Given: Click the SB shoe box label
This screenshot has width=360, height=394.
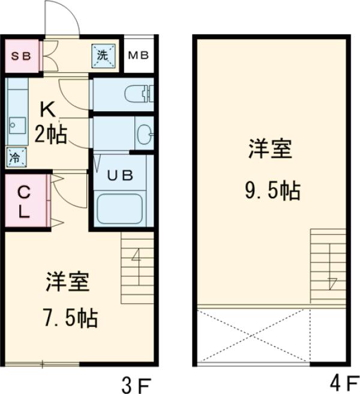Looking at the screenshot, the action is [21, 56].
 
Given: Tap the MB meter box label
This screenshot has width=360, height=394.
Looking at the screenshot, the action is [139, 55].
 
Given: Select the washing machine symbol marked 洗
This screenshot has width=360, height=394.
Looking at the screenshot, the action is [103, 56].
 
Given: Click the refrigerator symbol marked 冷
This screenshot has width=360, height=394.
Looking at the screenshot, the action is [16, 157].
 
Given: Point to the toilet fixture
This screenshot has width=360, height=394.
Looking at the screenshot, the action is [139, 94].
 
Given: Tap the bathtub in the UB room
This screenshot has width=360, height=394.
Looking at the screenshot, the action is [119, 208].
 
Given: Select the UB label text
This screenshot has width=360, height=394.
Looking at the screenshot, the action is [120, 175].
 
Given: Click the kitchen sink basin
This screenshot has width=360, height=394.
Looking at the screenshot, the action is [17, 126].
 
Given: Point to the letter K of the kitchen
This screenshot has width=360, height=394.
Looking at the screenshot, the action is [48, 110].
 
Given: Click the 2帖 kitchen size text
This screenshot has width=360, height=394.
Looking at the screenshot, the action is [51, 135].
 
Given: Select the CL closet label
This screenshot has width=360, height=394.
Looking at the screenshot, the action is [24, 202].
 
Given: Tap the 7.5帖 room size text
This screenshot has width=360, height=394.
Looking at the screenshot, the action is [71, 318].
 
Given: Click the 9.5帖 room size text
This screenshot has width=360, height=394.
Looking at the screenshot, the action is [272, 190].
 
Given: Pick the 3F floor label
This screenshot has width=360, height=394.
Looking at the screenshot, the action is [137, 385].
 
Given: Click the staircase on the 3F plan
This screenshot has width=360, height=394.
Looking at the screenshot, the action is [137, 268].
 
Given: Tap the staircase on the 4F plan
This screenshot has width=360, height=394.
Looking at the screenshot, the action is [328, 266].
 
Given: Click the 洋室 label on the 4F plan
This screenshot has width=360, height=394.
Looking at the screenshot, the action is [271, 149].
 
